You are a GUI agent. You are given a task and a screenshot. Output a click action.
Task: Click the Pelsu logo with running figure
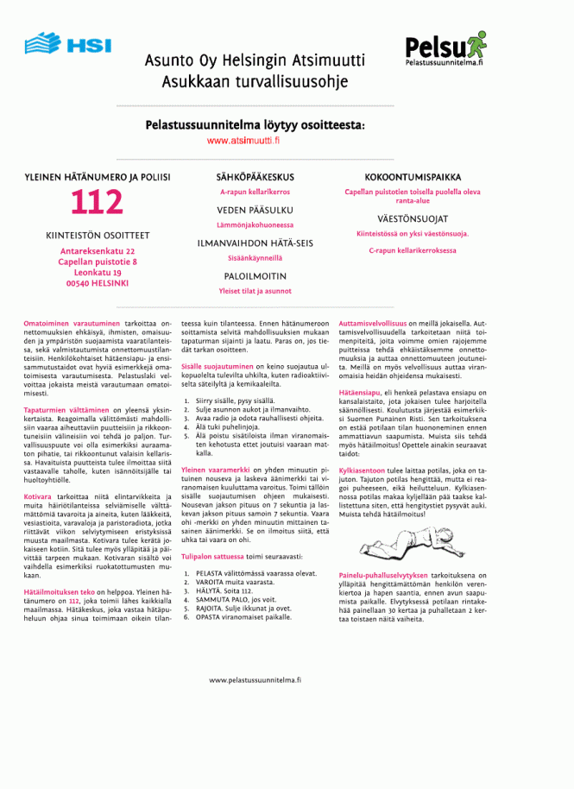pos(445,47)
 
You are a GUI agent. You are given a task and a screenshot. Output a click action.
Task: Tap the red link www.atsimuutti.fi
pos(255,140)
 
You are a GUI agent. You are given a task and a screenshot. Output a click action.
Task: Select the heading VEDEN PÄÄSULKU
pos(255,210)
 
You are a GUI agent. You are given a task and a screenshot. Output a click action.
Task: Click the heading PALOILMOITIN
pos(255,276)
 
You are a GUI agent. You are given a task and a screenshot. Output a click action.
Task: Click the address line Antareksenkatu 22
pos(98,251)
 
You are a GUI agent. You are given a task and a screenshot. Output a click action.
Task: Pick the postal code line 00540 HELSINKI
pos(98,282)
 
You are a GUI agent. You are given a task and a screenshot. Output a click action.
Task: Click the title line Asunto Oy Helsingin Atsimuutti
pos(255,61)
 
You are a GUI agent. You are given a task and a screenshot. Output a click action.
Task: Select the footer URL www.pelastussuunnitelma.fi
pos(255,680)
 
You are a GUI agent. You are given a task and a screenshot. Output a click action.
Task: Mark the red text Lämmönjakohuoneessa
pos(255,224)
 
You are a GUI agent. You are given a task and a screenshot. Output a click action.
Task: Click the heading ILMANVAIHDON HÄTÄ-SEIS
pos(255,243)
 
